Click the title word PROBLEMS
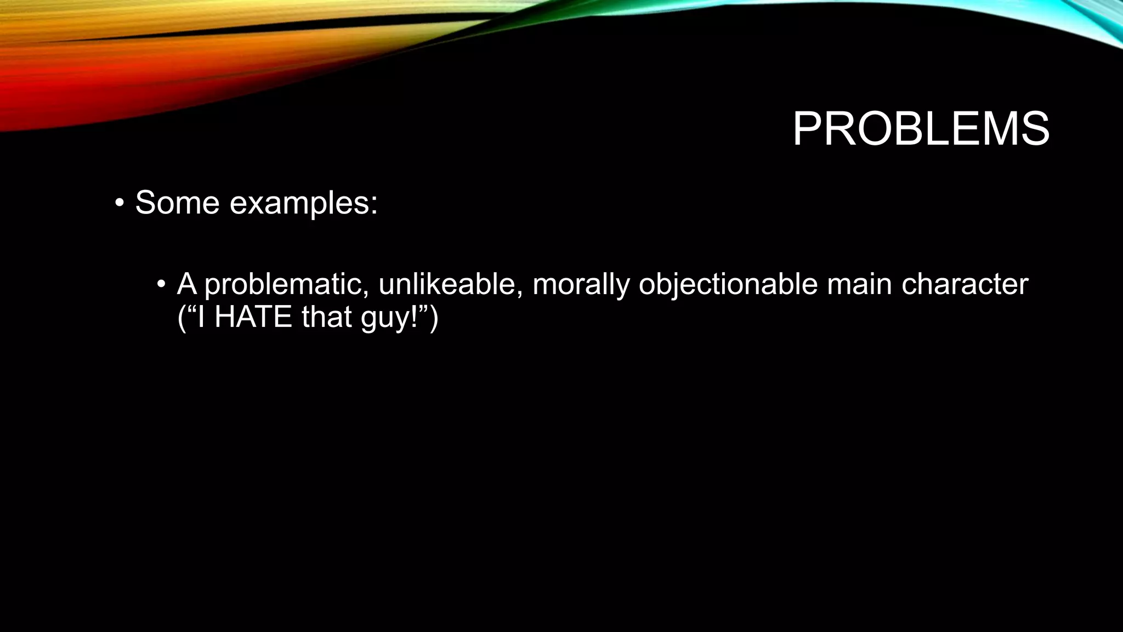click(921, 129)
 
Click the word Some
click(177, 202)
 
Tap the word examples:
click(303, 204)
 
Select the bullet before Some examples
click(119, 204)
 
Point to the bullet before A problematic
click(161, 284)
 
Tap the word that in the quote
click(326, 317)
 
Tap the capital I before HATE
click(201, 317)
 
